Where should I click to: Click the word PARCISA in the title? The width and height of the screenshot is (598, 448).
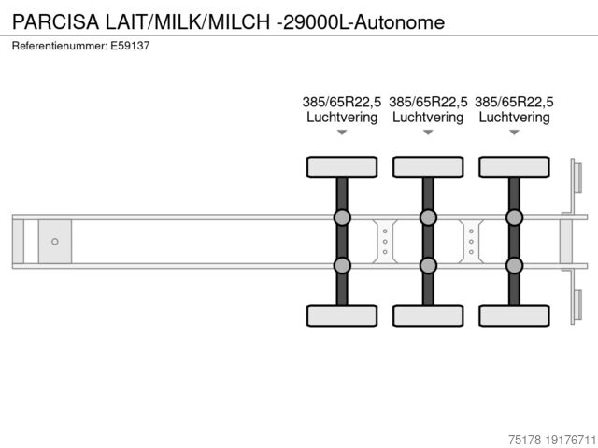coord(56,21)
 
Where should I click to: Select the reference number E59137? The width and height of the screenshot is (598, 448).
coord(130,46)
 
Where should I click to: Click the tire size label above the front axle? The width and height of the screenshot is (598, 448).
coord(342,102)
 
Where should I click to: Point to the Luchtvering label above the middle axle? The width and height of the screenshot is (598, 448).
coord(428,117)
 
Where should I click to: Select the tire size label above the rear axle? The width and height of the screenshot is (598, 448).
coord(514,102)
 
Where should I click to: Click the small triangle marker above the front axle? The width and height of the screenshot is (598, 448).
coord(342,133)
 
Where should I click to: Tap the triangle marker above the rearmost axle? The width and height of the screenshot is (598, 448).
coord(515,133)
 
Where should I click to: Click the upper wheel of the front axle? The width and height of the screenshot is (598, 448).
coord(342,167)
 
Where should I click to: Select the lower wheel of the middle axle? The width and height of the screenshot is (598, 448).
coord(428,315)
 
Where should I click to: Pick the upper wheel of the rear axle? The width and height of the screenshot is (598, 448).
coord(515,167)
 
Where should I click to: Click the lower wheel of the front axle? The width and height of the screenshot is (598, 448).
coord(342,315)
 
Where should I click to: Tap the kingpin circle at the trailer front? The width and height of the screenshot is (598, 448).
coord(55,242)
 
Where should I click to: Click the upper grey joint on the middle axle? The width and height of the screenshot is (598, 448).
coord(428,217)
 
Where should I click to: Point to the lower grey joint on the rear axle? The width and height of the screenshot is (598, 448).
coord(515,265)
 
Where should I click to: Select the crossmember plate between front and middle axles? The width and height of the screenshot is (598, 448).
coord(385,242)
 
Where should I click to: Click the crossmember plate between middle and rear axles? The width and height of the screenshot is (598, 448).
coord(471,242)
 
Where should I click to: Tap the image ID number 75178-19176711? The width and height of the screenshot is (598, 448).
coord(552,440)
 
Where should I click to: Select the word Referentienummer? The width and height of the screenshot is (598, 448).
coord(60,46)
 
